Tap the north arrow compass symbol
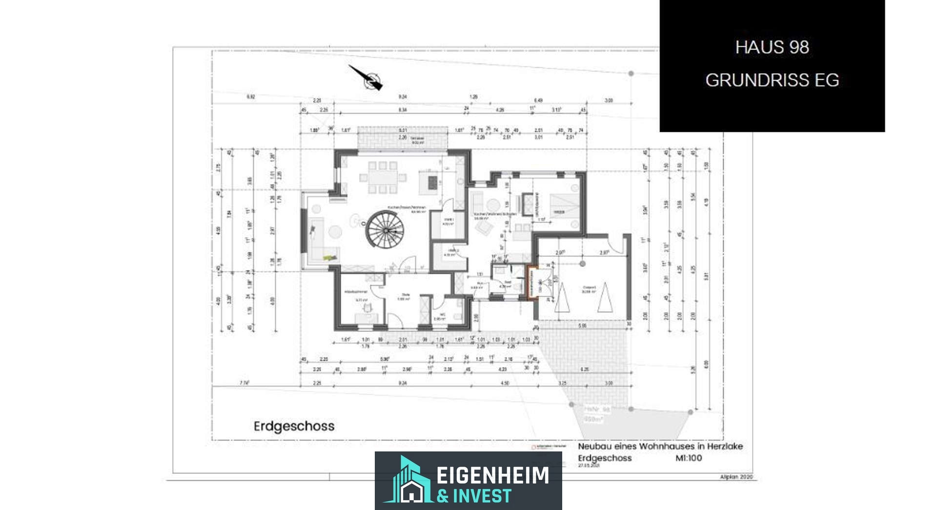click(372, 80)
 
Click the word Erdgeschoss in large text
click(294, 426)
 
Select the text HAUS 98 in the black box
click(772, 47)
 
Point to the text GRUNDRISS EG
click(772, 80)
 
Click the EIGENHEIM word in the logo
click(492, 475)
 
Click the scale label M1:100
click(688, 458)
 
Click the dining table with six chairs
click(383, 178)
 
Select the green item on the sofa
click(331, 257)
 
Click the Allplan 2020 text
click(736, 477)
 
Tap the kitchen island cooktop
click(432, 182)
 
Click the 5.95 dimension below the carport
click(582, 326)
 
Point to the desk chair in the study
click(368, 307)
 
